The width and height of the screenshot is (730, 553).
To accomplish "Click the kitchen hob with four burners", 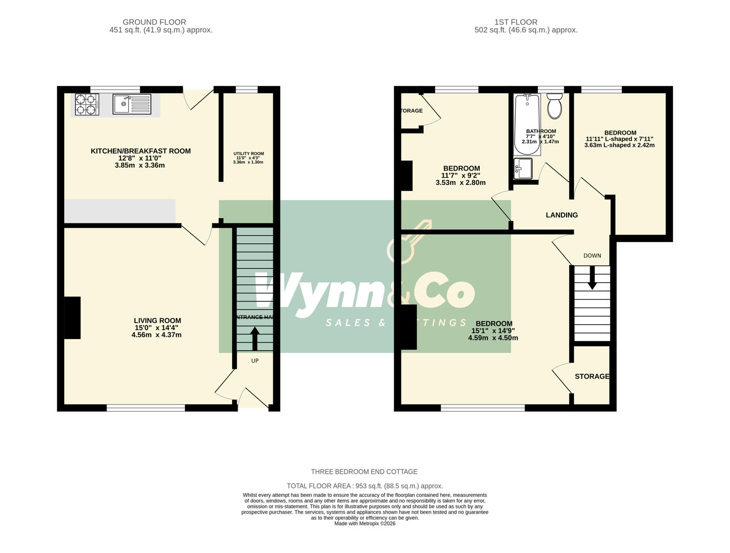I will (86, 104).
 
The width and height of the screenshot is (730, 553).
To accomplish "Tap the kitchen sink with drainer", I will (132, 104).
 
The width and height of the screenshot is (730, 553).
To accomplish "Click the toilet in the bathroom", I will (555, 105).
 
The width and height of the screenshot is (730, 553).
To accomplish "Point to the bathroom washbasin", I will (523, 168).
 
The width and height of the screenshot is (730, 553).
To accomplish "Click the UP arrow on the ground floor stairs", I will (255, 339).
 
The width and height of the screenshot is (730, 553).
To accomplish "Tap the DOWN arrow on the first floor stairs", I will (592, 280).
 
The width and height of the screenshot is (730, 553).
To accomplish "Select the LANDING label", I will (561, 215).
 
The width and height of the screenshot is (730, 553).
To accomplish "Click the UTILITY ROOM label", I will (249, 154).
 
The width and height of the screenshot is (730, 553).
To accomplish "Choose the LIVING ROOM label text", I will (157, 321).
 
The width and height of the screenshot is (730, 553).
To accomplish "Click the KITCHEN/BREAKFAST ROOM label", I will (140, 151).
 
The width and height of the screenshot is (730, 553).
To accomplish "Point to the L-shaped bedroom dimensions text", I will (619, 142).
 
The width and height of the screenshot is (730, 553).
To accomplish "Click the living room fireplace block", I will (72, 317).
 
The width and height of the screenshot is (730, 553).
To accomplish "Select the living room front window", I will (146, 408).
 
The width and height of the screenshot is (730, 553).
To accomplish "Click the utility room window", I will (247, 90).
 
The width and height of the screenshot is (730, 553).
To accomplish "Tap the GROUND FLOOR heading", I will (154, 22).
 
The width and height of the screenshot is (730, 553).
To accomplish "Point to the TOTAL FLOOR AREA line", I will (364, 486).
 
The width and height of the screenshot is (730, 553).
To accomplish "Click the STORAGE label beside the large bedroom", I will (592, 376).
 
